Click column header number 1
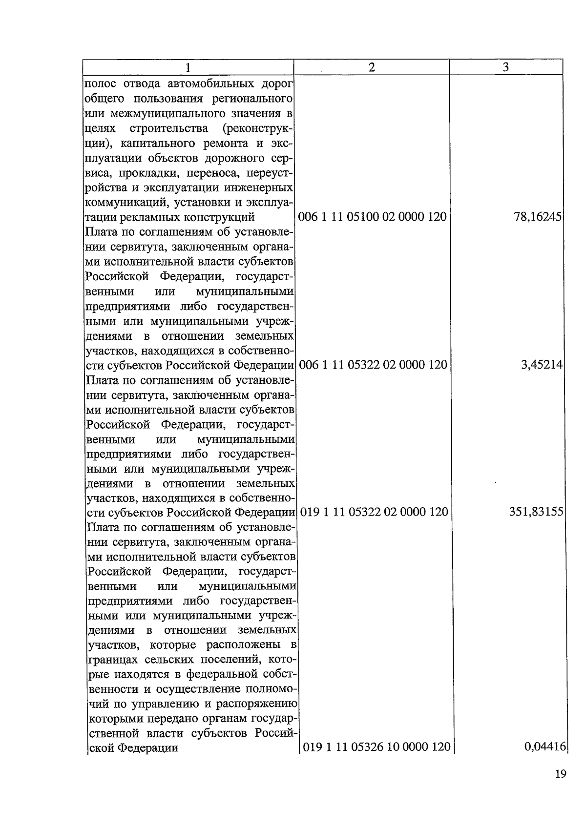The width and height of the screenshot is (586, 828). [188, 67]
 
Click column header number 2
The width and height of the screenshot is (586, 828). [372, 67]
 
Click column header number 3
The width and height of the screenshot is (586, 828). [506, 67]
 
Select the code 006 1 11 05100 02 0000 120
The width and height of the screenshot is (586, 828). [372, 217]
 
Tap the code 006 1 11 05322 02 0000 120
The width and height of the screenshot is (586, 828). [373, 364]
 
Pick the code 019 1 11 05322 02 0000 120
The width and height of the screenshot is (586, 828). [374, 512]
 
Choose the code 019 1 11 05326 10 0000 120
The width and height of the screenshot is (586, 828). [377, 747]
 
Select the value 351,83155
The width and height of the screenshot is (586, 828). [536, 512]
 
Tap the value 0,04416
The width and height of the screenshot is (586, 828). [544, 747]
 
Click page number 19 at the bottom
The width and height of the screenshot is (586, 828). [561, 774]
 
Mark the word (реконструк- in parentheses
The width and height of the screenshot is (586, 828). [257, 128]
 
